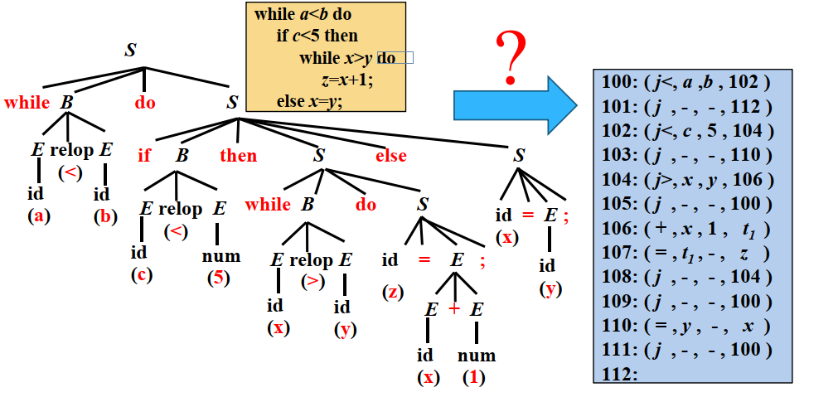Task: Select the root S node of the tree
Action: click(130, 50)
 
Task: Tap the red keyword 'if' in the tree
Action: click(144, 155)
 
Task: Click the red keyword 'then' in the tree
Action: click(238, 155)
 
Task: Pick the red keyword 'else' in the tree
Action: click(391, 155)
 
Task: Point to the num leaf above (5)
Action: click(220, 256)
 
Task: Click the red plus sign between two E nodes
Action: click(454, 309)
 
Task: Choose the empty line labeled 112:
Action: click(616, 374)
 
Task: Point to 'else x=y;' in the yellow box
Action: click(309, 101)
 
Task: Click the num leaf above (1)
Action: click(476, 356)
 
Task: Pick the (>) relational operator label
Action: click(312, 281)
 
